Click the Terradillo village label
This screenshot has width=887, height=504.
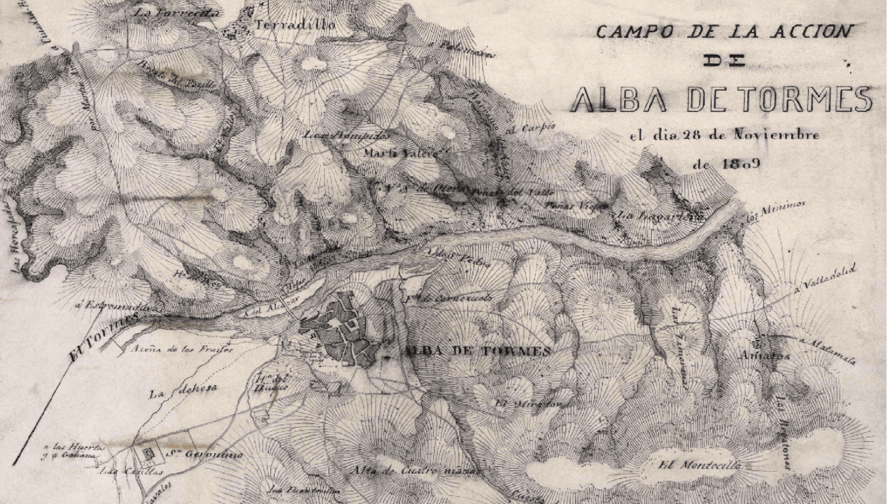[295, 25]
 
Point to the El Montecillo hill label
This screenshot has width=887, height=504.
[699, 465]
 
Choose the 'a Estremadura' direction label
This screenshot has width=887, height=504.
[115, 307]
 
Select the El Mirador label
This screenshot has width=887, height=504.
[527, 404]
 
